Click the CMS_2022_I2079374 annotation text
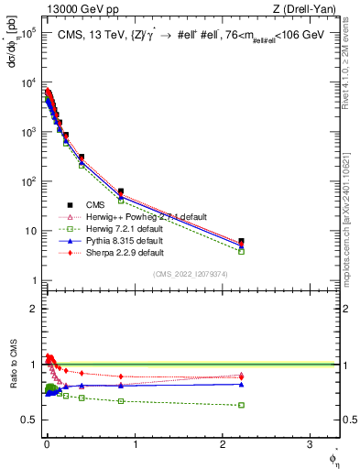(191, 273)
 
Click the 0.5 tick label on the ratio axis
(28, 420)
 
